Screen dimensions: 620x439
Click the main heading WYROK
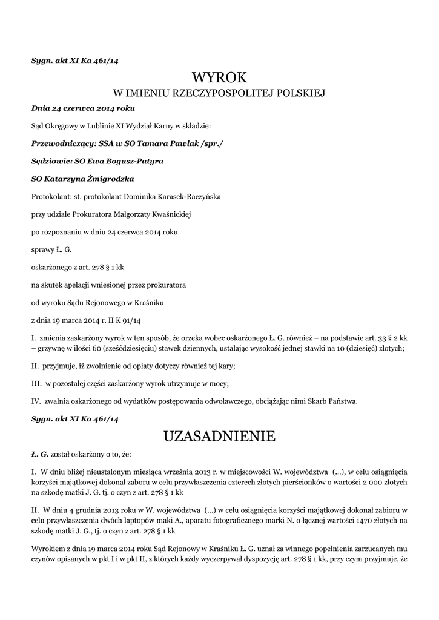point(220,77)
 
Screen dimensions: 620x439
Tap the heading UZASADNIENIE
point(220,435)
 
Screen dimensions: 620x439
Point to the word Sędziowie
point(51,162)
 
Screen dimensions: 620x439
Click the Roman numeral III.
point(35,383)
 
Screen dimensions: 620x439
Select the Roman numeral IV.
point(35,400)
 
